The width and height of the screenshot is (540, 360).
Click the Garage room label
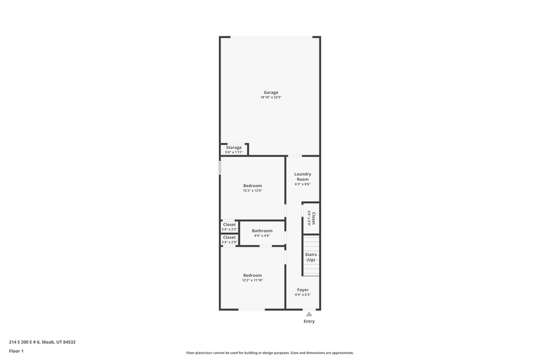pos(271,92)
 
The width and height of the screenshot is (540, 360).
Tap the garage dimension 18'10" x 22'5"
pos(271,98)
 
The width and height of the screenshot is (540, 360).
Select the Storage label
pos(234,148)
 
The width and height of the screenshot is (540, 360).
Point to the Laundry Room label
pos(303,177)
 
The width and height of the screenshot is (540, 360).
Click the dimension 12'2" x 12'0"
pos(253,191)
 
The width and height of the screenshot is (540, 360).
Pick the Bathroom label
pos(262,231)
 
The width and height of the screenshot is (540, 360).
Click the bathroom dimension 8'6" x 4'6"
pos(262,236)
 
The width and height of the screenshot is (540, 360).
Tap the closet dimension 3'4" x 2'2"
pos(229,229)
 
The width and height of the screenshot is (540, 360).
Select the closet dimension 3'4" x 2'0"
pos(229,242)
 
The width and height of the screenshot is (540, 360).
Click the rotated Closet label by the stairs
pos(313,218)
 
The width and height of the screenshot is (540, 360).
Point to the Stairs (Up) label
pos(311,257)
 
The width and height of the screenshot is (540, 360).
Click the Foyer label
pos(303,290)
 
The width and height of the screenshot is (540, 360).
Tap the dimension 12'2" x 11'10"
pos(253,280)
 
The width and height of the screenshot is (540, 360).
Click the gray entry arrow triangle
pos(309,314)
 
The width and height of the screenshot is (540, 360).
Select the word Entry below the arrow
pos(309,322)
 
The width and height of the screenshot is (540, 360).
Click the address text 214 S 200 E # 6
pos(24,342)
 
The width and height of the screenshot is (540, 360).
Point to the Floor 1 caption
pos(16,351)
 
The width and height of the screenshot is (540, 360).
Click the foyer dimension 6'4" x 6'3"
pos(303,295)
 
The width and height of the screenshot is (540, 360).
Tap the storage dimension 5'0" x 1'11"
pos(234,152)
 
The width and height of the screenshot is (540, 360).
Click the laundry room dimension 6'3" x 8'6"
pos(303,184)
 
